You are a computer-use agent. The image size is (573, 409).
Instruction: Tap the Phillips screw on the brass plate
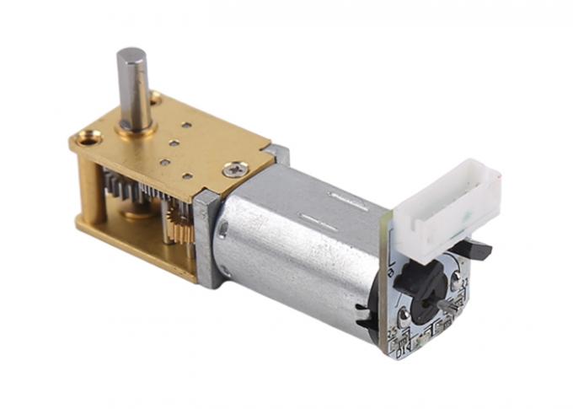click(x=232, y=170)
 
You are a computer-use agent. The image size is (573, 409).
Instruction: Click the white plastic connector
click(x=447, y=204)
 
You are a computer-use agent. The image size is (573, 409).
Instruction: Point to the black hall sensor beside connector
click(x=478, y=249)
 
